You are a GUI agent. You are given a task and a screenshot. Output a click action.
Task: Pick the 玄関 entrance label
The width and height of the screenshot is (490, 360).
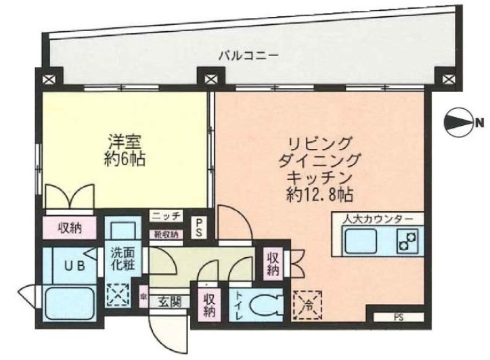[170, 302]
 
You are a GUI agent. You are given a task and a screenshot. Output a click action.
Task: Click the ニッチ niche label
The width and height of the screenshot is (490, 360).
[166, 217]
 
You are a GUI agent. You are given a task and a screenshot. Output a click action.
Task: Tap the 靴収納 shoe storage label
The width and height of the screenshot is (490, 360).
[166, 235]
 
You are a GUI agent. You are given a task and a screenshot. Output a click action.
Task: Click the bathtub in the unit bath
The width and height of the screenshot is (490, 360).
[70, 302]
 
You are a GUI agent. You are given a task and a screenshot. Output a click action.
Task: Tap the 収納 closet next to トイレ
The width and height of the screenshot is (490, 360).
[208, 305]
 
